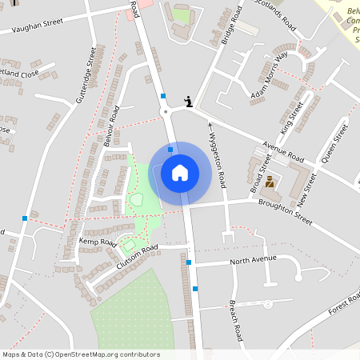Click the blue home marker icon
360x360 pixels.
click(x=180, y=172)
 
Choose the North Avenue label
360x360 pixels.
click(x=252, y=259)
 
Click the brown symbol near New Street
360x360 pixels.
click(x=270, y=182)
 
